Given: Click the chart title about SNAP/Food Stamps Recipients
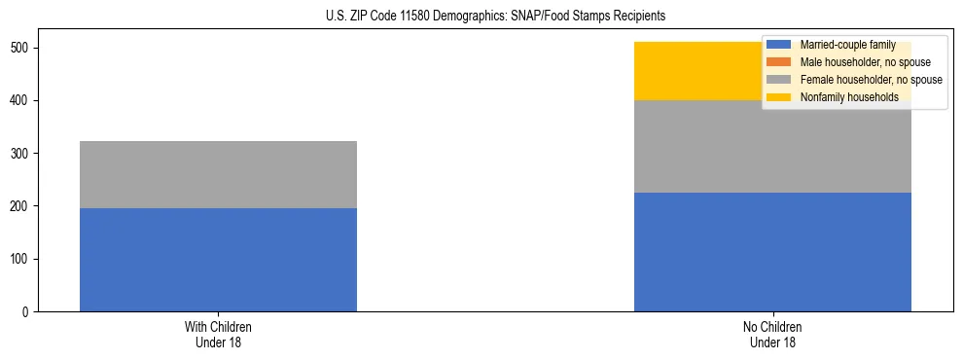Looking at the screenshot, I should tap(481, 17).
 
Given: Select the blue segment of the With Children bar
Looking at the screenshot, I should tap(218, 260).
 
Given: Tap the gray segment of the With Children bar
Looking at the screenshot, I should tap(218, 174).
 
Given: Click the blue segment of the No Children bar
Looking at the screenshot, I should tap(772, 252).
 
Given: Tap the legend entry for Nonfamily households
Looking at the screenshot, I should tap(849, 97).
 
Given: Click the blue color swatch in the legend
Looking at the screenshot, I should tap(779, 45).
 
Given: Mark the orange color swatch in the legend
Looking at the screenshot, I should tap(779, 62).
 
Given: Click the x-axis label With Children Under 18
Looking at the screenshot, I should tap(218, 334).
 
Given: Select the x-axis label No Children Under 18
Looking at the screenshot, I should tap(772, 334).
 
